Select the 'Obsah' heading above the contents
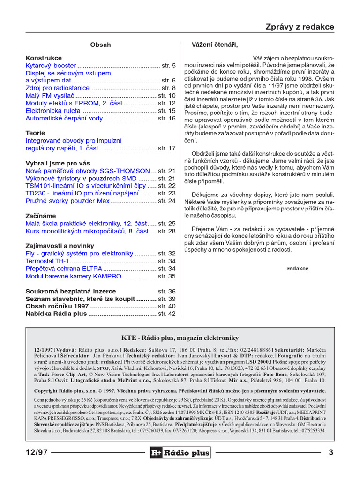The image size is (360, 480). point(100,45)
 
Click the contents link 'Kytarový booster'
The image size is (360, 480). point(51,66)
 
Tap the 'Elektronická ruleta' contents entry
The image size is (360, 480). point(53,111)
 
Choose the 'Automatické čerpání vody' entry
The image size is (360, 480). point(64,118)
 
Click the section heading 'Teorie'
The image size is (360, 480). point(35,133)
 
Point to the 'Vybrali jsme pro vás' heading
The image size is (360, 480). point(58,163)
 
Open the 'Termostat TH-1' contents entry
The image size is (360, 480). point(47,261)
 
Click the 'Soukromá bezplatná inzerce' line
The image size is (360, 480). point(71,291)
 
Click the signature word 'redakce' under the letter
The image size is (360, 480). point(298,269)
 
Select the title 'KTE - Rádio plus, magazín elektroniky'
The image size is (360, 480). point(180,338)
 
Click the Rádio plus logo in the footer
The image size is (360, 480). point(180,452)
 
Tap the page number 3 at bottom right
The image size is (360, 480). point(331,452)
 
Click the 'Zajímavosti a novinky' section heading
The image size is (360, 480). point(60,246)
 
